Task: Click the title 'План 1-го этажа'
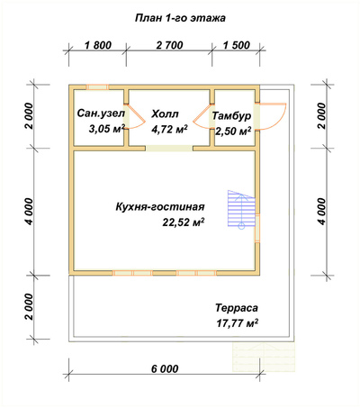[180, 18]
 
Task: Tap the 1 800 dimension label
[98, 45]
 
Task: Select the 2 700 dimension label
[169, 45]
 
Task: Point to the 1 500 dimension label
[237, 45]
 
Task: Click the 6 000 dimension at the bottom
[165, 368]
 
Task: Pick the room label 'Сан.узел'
[101, 113]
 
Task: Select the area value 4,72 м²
[170, 130]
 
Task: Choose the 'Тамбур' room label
[231, 116]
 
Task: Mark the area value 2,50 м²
[233, 131]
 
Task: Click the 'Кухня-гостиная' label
[160, 207]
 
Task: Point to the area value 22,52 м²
[184, 222]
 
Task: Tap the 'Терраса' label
[237, 308]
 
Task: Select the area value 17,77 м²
[237, 323]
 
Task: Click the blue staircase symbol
[241, 210]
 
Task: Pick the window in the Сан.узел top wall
[97, 87]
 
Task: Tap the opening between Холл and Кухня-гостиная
[169, 149]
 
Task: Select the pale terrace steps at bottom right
[264, 358]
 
